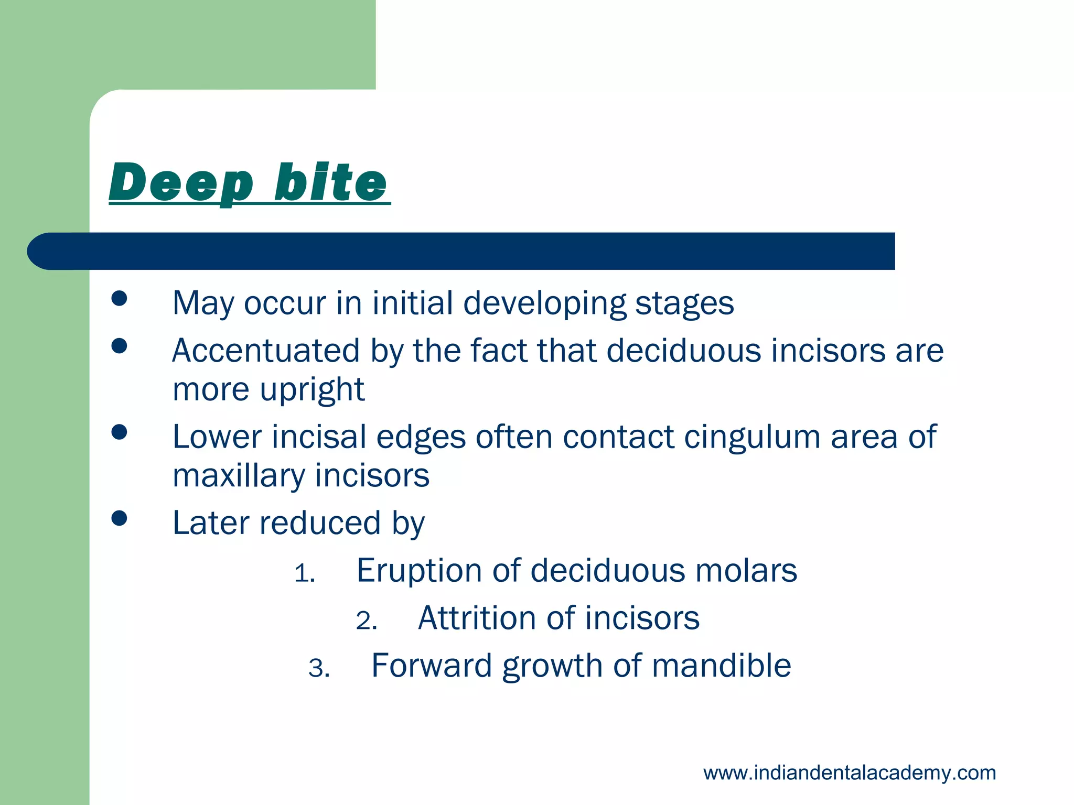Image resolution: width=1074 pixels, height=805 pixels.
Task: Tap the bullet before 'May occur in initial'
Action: (x=120, y=299)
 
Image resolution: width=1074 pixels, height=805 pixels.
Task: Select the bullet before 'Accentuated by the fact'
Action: (x=120, y=346)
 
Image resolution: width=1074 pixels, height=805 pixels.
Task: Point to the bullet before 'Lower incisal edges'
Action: (x=120, y=432)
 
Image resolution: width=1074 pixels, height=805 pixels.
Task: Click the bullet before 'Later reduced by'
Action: (x=120, y=518)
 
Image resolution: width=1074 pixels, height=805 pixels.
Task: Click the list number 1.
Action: (x=304, y=574)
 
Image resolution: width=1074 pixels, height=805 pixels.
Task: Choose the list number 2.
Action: (x=366, y=622)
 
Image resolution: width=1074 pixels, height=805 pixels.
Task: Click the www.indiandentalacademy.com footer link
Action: (x=849, y=773)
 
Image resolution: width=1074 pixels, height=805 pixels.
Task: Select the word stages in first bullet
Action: (x=684, y=304)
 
